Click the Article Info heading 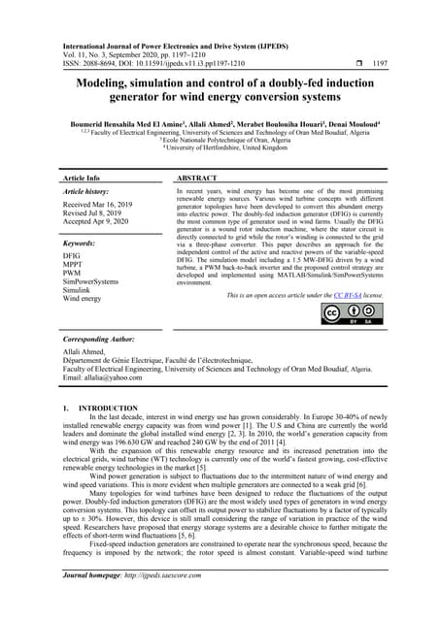click(x=82, y=179)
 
